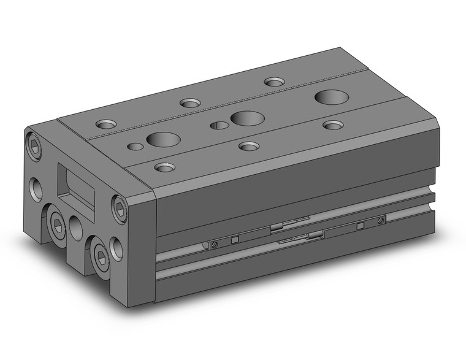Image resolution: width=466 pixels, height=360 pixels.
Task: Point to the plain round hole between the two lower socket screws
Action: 76,228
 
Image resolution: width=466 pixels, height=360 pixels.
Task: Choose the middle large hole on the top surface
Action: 248,118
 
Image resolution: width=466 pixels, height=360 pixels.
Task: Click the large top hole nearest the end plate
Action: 162,140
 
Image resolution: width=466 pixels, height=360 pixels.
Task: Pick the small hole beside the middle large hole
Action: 219,126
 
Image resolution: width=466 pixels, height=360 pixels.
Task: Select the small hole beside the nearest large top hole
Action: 136,146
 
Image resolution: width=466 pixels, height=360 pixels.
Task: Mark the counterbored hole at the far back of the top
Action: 274,82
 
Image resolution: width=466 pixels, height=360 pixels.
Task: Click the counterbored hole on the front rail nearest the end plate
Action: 164,167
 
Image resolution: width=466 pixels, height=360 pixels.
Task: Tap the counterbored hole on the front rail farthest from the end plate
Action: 333,125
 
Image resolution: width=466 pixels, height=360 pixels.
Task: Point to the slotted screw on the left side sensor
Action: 214,244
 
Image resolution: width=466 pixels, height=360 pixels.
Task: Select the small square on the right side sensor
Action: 360,226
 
